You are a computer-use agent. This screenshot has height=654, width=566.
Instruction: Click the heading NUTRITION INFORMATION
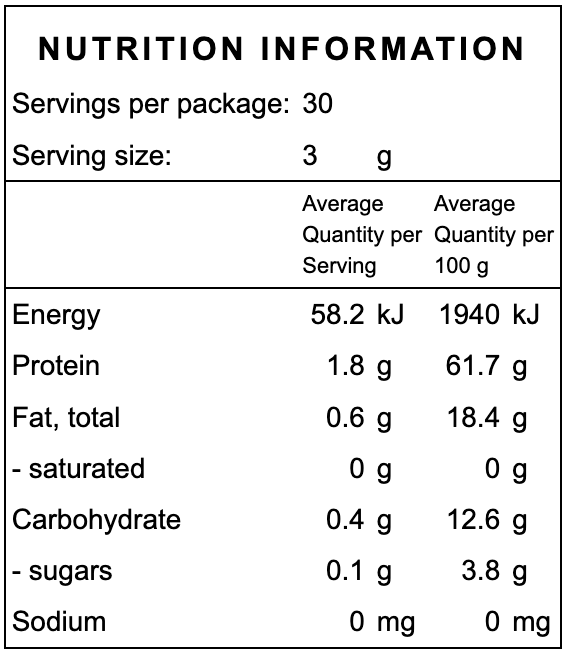[282, 49]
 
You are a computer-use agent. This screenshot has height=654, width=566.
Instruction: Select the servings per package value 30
[317, 104]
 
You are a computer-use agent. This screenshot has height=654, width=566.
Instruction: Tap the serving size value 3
[310, 156]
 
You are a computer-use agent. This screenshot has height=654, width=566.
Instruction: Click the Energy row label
[56, 315]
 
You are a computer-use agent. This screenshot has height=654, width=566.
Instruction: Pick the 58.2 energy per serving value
[339, 315]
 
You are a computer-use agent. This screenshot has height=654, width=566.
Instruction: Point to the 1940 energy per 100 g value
[469, 315]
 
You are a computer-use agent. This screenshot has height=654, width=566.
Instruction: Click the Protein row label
[56, 366]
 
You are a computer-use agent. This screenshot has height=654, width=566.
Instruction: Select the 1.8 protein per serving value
[346, 366]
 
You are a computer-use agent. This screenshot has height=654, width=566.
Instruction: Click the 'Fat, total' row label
[66, 418]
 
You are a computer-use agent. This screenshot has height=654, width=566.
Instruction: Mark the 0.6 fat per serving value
[346, 418]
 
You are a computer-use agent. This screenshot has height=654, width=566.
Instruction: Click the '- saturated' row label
[78, 469]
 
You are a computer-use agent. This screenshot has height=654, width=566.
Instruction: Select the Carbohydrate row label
[96, 520]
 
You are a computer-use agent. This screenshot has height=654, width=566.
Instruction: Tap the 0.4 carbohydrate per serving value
[346, 520]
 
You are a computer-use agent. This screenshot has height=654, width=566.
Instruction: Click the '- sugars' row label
[62, 572]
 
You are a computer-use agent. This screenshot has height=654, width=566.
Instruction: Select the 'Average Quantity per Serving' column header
[361, 235]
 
